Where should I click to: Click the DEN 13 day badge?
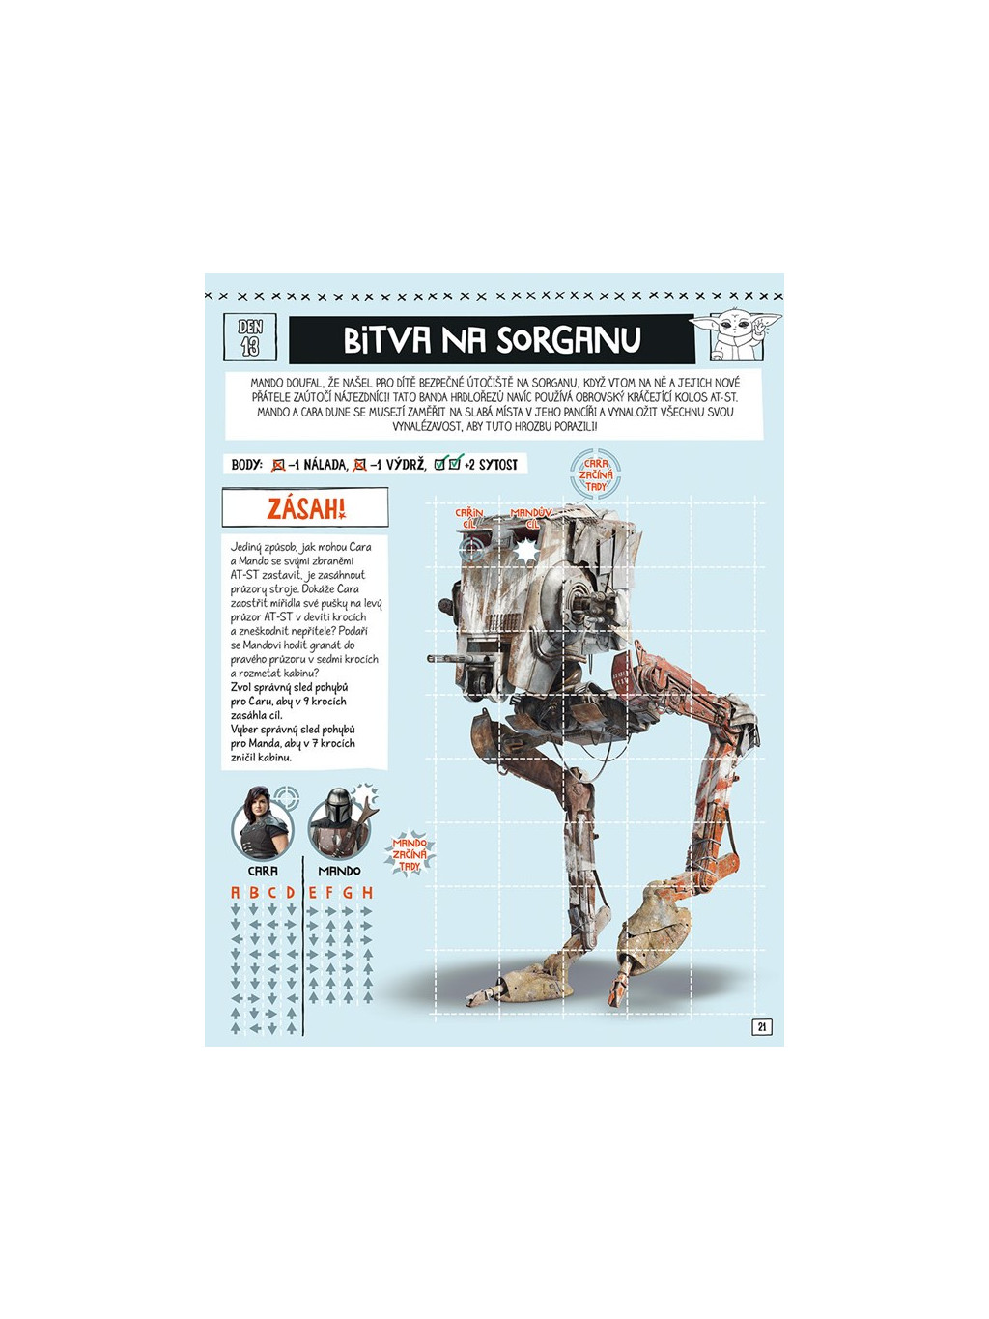[x=250, y=336]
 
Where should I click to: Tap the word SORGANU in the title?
[x=569, y=340]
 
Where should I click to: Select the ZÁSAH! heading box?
[x=305, y=508]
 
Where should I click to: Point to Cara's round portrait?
[x=262, y=824]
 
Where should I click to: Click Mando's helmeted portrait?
[x=337, y=823]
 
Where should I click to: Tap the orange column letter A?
[x=235, y=893]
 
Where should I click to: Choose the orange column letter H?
[x=367, y=893]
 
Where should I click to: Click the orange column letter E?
[x=313, y=893]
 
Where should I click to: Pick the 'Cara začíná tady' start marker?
[x=596, y=474]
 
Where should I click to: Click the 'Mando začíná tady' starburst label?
[x=410, y=854]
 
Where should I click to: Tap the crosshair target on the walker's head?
[x=471, y=549]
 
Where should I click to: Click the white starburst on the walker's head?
[x=525, y=551]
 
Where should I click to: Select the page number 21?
[x=762, y=1027]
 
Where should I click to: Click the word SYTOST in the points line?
[x=498, y=465]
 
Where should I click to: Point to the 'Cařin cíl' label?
[x=469, y=518]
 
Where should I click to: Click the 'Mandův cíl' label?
[x=530, y=518]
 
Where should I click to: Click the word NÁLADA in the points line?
[x=325, y=465]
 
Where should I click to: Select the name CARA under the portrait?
[x=262, y=871]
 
